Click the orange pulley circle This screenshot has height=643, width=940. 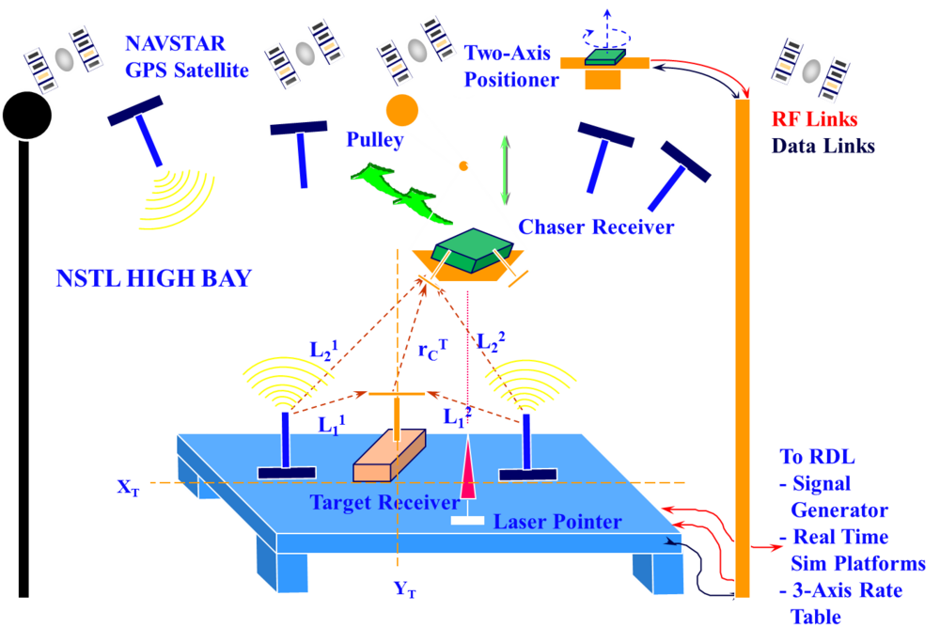coord(402,110)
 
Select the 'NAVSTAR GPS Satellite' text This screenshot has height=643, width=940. coord(186,56)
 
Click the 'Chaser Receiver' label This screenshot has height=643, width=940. coord(597,227)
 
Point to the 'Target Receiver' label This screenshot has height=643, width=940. coord(384,503)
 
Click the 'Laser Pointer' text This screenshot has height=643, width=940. coord(557,521)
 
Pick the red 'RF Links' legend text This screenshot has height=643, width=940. coord(813,119)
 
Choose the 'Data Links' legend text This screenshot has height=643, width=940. coord(822,146)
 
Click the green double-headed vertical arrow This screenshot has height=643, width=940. coord(505,170)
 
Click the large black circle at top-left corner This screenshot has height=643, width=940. coord(26,114)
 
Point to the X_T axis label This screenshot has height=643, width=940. coord(129,487)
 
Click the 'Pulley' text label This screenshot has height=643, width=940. coord(374,141)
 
